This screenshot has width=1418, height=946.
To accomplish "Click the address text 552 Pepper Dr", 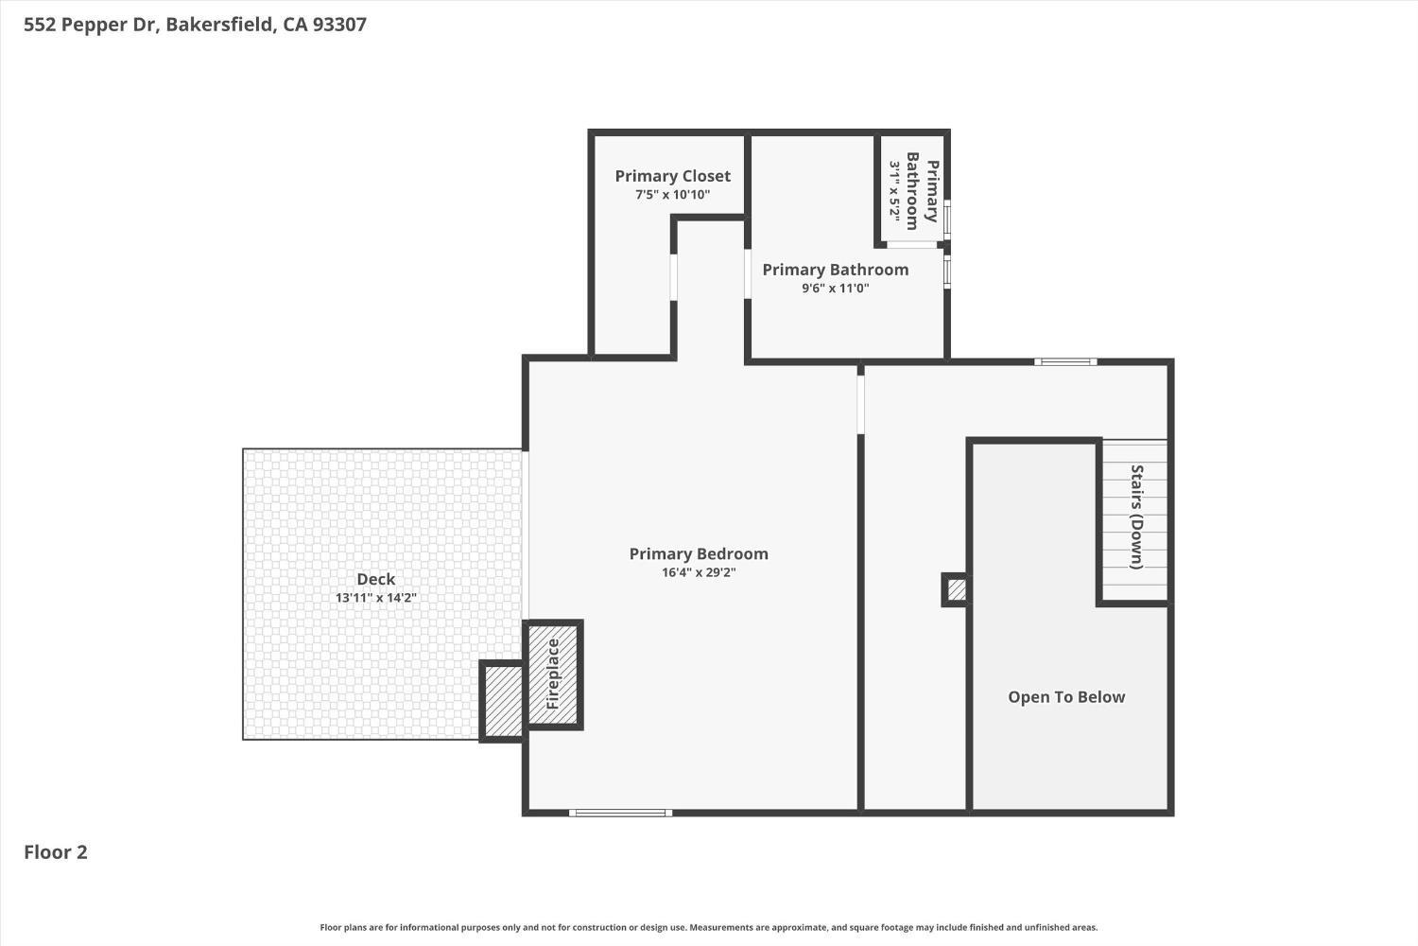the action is click(91, 25).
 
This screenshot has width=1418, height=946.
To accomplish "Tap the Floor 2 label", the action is click(56, 852).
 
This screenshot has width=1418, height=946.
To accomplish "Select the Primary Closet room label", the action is click(672, 176).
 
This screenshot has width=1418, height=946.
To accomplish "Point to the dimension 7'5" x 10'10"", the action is click(672, 195).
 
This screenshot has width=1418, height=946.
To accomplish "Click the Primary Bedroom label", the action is click(699, 553).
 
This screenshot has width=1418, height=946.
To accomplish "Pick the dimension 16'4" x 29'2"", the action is click(699, 572).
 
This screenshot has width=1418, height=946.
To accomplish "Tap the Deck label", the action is click(376, 579).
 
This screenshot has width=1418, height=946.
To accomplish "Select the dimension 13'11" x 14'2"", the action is click(376, 598).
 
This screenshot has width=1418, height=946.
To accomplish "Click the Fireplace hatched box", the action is click(553, 674).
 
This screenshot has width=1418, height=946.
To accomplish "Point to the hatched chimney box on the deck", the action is click(501, 701).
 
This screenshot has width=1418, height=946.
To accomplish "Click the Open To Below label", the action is click(1066, 697).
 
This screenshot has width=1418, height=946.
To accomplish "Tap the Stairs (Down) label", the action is click(1137, 517).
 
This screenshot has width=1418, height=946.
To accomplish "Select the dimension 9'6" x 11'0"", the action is click(835, 289).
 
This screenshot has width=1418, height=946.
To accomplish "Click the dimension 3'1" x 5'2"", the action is click(894, 190).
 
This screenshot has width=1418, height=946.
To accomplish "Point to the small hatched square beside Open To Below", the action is click(956, 590).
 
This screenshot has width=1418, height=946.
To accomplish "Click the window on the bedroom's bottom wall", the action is click(620, 813).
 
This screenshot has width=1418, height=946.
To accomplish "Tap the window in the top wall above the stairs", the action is click(1065, 361).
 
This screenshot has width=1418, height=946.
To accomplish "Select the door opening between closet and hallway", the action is click(673, 277).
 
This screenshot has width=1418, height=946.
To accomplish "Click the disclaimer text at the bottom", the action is click(708, 928).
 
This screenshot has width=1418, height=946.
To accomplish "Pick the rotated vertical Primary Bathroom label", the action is click(923, 191).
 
